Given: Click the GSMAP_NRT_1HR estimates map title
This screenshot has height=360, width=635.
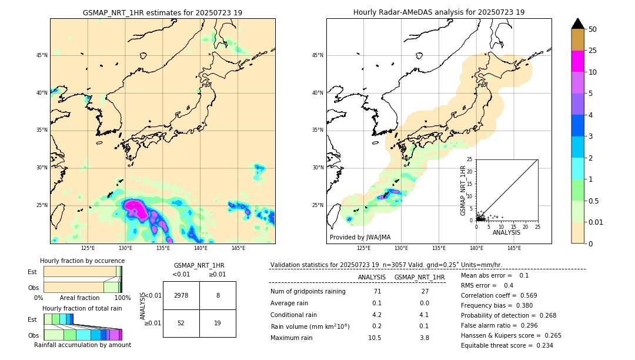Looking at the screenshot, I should click(162, 12).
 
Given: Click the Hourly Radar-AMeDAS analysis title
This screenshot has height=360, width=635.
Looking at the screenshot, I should click(439, 12).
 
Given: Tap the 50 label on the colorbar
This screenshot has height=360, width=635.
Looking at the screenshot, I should click(593, 29).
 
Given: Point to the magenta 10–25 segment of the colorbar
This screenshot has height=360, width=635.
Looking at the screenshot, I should click(577, 61).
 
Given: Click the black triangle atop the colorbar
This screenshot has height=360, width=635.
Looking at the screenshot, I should click(577, 24).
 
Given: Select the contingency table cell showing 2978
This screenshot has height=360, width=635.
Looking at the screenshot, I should click(181, 295).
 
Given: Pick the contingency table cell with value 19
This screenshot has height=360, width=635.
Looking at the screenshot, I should click(218, 323).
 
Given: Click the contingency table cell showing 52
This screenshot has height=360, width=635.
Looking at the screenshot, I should click(181, 323).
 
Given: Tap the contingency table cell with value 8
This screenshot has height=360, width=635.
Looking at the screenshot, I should click(218, 295).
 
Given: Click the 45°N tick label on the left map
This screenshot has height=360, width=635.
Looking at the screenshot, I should click(41, 55).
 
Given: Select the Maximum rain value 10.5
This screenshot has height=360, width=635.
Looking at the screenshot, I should click(375, 338).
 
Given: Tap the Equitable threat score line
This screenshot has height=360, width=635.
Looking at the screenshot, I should click(507, 345).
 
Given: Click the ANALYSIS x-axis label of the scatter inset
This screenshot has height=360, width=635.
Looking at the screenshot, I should click(506, 232).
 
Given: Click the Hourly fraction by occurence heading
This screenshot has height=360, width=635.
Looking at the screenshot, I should click(82, 261).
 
